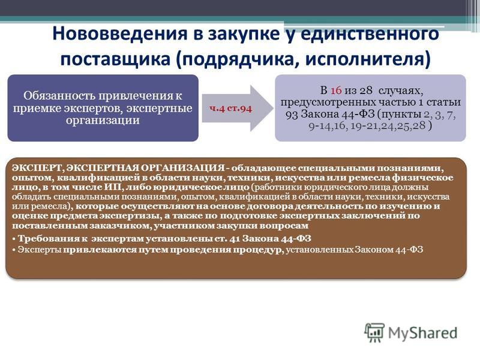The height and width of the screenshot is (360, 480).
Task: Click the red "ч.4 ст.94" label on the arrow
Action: click(x=230, y=109)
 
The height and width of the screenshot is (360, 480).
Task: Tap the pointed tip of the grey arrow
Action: click(x=273, y=108)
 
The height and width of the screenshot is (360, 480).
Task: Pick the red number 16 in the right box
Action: click(x=336, y=91)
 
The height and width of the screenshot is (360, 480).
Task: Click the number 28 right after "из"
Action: click(x=366, y=91)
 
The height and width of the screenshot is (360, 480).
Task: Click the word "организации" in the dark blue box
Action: click(x=103, y=121)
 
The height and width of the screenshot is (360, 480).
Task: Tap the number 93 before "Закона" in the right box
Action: click(x=292, y=114)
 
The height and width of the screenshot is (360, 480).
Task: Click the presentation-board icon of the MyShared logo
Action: click(x=374, y=332)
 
